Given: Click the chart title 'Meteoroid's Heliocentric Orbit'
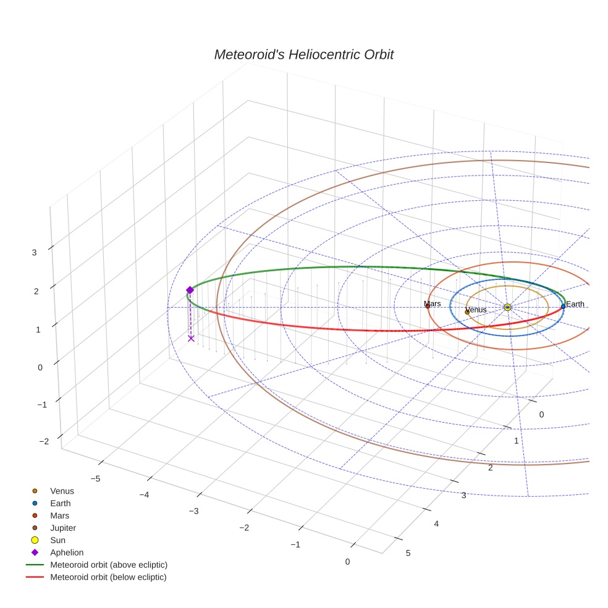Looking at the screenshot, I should coord(303,54).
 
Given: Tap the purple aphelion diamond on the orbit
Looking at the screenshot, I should coord(190,290).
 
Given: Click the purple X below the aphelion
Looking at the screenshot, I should coord(191,338).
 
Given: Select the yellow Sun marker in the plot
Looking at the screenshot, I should coord(507,307).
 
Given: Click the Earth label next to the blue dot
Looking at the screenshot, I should coord(575,304).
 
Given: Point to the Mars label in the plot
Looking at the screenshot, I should coord(433,303).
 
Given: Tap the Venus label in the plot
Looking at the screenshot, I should coord(476,310).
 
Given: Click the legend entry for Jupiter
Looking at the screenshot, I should coord(63,528).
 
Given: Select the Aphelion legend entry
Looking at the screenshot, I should coord(67,552).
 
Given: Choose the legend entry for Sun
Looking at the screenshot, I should coord(57,540).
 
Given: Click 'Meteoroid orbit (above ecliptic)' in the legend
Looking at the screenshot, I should coord(109,565).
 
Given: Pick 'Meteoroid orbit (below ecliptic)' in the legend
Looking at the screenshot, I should coord(108,577).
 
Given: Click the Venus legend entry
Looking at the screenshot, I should coord(62,491).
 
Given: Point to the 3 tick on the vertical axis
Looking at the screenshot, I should coord(35,252).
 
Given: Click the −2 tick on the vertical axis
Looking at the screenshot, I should coord(43,441).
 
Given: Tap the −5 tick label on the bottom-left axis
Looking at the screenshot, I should coord(96,478).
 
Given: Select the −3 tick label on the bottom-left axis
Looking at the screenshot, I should coord(193,511).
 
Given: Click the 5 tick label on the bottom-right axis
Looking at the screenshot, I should coord(407,553).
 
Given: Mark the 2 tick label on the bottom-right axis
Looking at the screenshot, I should coord(490,468).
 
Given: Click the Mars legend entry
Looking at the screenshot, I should coord(59,515).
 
